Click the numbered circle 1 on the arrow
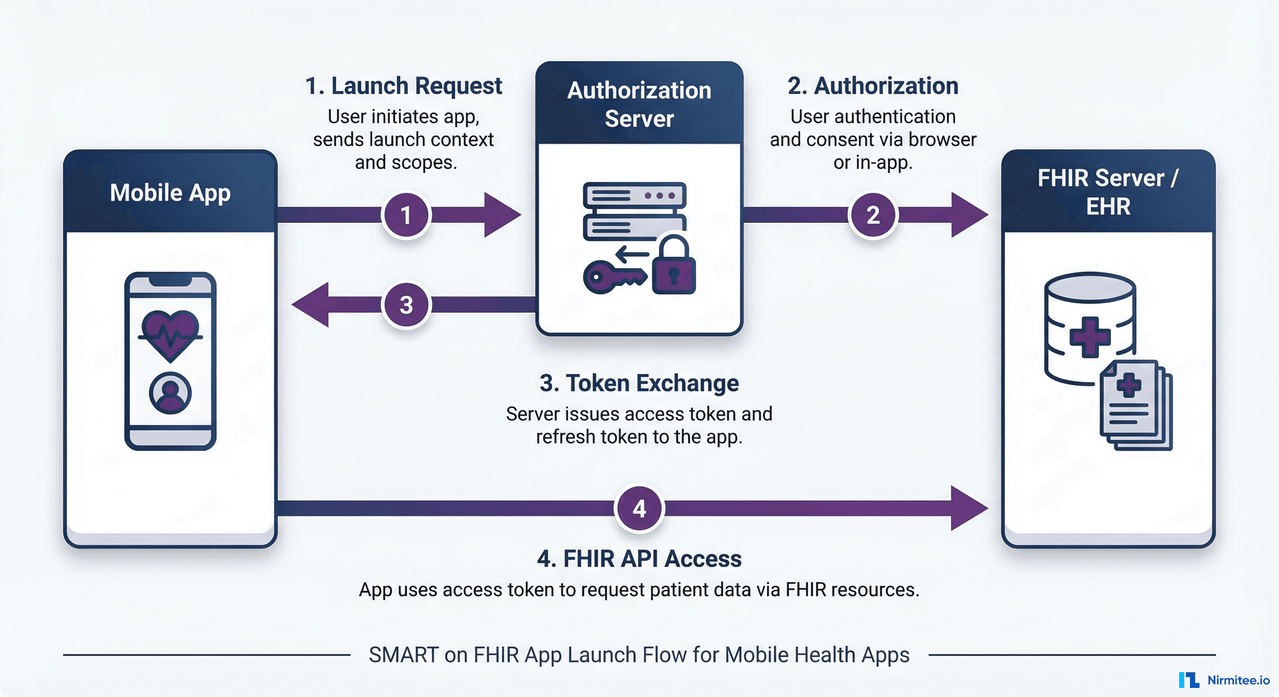pos(406,215)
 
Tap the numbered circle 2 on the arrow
pos(873,215)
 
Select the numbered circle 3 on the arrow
pos(406,304)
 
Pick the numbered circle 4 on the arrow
pos(639,509)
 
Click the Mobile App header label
pos(170,192)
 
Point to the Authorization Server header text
pos(639,104)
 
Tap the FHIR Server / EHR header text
pos(1108,192)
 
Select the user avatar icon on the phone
pos(170,393)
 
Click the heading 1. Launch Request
pos(403,86)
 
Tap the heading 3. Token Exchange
pos(639,383)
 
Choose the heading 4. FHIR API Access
pos(639,559)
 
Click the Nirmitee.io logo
pos(1224,680)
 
